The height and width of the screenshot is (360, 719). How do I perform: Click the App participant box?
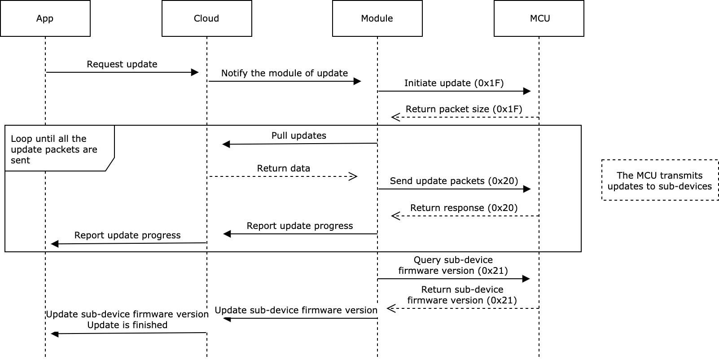(x=45, y=18)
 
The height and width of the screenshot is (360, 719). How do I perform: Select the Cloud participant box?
(x=206, y=18)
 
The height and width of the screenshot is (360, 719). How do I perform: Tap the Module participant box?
(x=377, y=18)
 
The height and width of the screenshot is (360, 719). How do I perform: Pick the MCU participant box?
(x=539, y=18)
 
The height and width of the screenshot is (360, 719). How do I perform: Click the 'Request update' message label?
(x=122, y=64)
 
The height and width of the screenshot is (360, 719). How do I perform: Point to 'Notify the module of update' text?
(x=284, y=73)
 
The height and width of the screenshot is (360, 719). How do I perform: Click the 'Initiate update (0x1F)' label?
(x=454, y=83)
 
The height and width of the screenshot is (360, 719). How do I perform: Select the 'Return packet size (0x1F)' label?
(x=464, y=109)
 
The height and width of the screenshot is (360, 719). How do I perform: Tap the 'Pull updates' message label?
(x=298, y=136)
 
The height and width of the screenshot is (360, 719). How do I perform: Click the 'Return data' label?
(x=283, y=168)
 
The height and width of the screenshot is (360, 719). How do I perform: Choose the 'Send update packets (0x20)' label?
(x=454, y=181)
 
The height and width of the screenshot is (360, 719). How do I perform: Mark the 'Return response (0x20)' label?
(x=464, y=208)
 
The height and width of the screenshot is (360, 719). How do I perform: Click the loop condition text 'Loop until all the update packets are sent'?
(x=54, y=149)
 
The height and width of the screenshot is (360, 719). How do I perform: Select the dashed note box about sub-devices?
(x=660, y=180)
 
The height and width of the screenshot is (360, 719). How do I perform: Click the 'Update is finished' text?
(x=127, y=325)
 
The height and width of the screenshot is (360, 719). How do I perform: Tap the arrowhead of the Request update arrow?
(x=195, y=72)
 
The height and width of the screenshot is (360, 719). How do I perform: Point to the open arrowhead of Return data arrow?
(x=353, y=176)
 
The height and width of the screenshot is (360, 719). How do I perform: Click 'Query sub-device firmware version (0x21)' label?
(x=453, y=265)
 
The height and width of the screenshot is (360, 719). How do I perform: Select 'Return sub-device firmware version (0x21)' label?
(x=462, y=295)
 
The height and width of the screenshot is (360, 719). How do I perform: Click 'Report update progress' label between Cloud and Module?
(x=299, y=226)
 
